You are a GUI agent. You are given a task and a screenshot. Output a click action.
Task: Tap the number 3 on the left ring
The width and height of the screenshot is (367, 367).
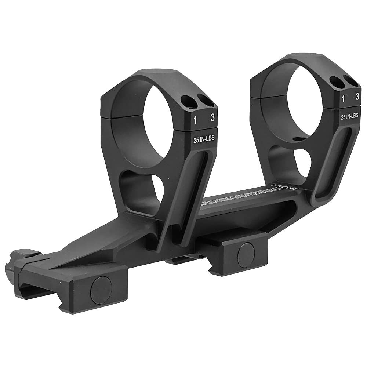point(211,118)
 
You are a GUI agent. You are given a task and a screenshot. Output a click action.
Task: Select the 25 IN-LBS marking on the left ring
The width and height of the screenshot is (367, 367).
point(204,139)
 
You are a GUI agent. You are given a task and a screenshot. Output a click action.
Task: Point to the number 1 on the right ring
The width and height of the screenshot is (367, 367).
point(344,98)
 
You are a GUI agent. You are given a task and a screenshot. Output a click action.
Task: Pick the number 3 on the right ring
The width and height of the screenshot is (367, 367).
point(357,97)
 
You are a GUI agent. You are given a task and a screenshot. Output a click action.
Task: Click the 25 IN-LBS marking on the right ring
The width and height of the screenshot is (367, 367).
point(350,117)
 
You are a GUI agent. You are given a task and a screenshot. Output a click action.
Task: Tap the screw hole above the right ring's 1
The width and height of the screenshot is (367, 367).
point(337,81)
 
